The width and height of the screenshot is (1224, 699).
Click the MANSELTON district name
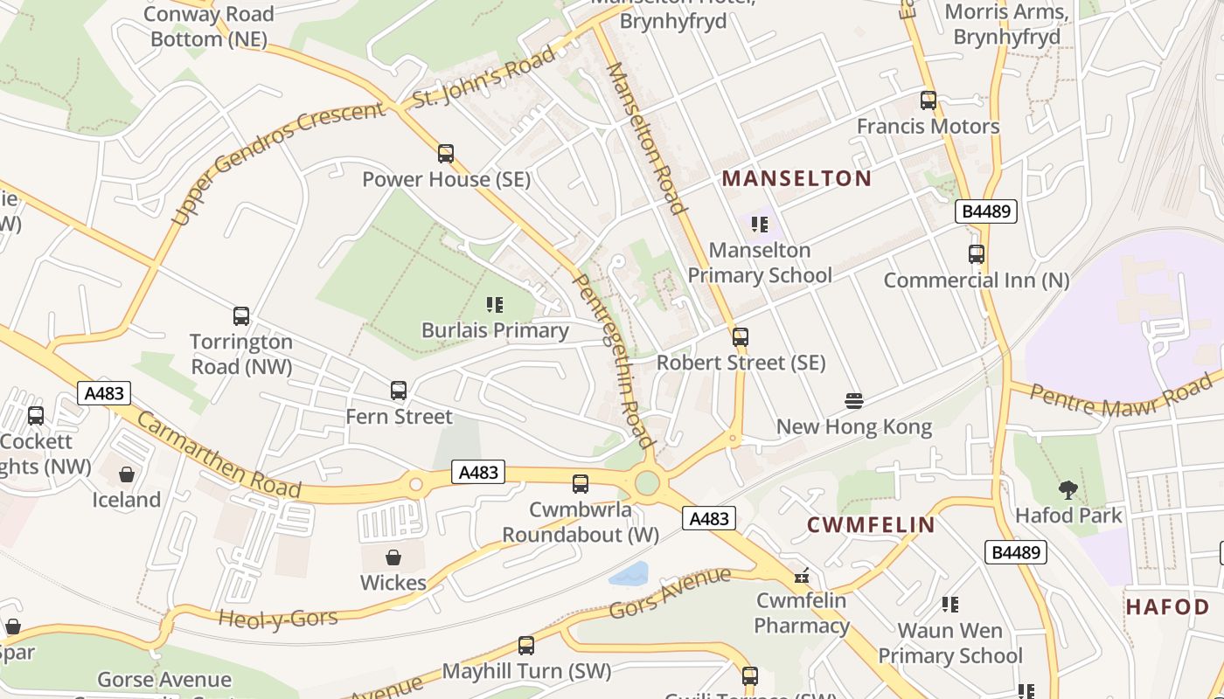[x=796, y=179]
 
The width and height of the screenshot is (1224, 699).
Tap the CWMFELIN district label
[x=871, y=525]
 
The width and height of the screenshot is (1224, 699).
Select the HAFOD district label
[x=1167, y=607]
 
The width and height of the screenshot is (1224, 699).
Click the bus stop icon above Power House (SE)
[x=446, y=154]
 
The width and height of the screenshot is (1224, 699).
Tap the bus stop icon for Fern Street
[x=399, y=391]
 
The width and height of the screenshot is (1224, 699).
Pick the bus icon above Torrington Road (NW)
[x=241, y=316]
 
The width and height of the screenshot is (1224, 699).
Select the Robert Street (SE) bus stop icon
[x=741, y=337]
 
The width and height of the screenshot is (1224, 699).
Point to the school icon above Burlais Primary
[x=495, y=305]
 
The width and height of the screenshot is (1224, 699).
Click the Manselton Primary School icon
[x=760, y=225]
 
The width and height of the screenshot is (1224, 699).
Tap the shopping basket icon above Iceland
[x=127, y=474]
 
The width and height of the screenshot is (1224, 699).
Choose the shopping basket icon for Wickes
[x=393, y=557]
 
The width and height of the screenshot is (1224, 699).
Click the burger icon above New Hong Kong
[x=854, y=401]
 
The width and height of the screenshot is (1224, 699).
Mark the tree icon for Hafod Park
[x=1068, y=490]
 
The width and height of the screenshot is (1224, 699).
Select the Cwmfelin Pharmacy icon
[x=802, y=576]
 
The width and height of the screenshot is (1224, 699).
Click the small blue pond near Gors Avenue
[x=629, y=574]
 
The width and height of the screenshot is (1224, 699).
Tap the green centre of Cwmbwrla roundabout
[x=647, y=482]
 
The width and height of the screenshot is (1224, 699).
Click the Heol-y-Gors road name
[x=278, y=619]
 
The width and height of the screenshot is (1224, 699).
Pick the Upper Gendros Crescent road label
[x=278, y=163]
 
